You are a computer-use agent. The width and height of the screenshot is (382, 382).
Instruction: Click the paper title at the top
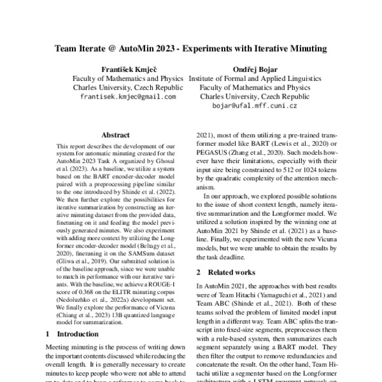coord(190,48)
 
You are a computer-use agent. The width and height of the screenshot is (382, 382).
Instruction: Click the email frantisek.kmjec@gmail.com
coord(127,96)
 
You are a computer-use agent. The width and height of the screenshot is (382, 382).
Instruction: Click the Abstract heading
coord(115,136)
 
